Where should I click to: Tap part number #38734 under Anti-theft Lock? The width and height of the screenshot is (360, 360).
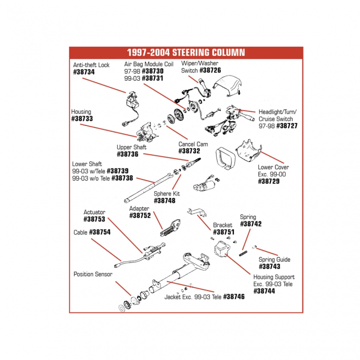pos(84,73)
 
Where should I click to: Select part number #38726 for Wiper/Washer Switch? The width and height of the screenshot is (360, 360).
pos(210,70)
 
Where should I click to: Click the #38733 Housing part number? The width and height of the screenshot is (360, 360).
pos(82,119)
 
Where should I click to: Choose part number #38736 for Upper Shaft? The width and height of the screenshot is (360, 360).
pos(128,154)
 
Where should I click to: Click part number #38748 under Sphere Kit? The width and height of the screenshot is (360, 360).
pos(165,201)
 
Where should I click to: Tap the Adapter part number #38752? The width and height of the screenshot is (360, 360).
pos(140,216)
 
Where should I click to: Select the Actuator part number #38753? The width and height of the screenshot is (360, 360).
pos(94,219)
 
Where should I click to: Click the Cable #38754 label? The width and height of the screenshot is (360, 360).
pos(100,232)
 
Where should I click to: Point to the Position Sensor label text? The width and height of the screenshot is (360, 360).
pos(93,274)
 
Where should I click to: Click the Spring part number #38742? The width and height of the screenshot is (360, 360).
pos(251,224)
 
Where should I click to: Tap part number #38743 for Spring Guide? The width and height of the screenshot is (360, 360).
pos(269,266)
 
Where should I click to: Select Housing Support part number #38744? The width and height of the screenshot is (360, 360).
pos(264,291)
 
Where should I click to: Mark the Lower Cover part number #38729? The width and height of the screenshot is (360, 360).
pos(268,181)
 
